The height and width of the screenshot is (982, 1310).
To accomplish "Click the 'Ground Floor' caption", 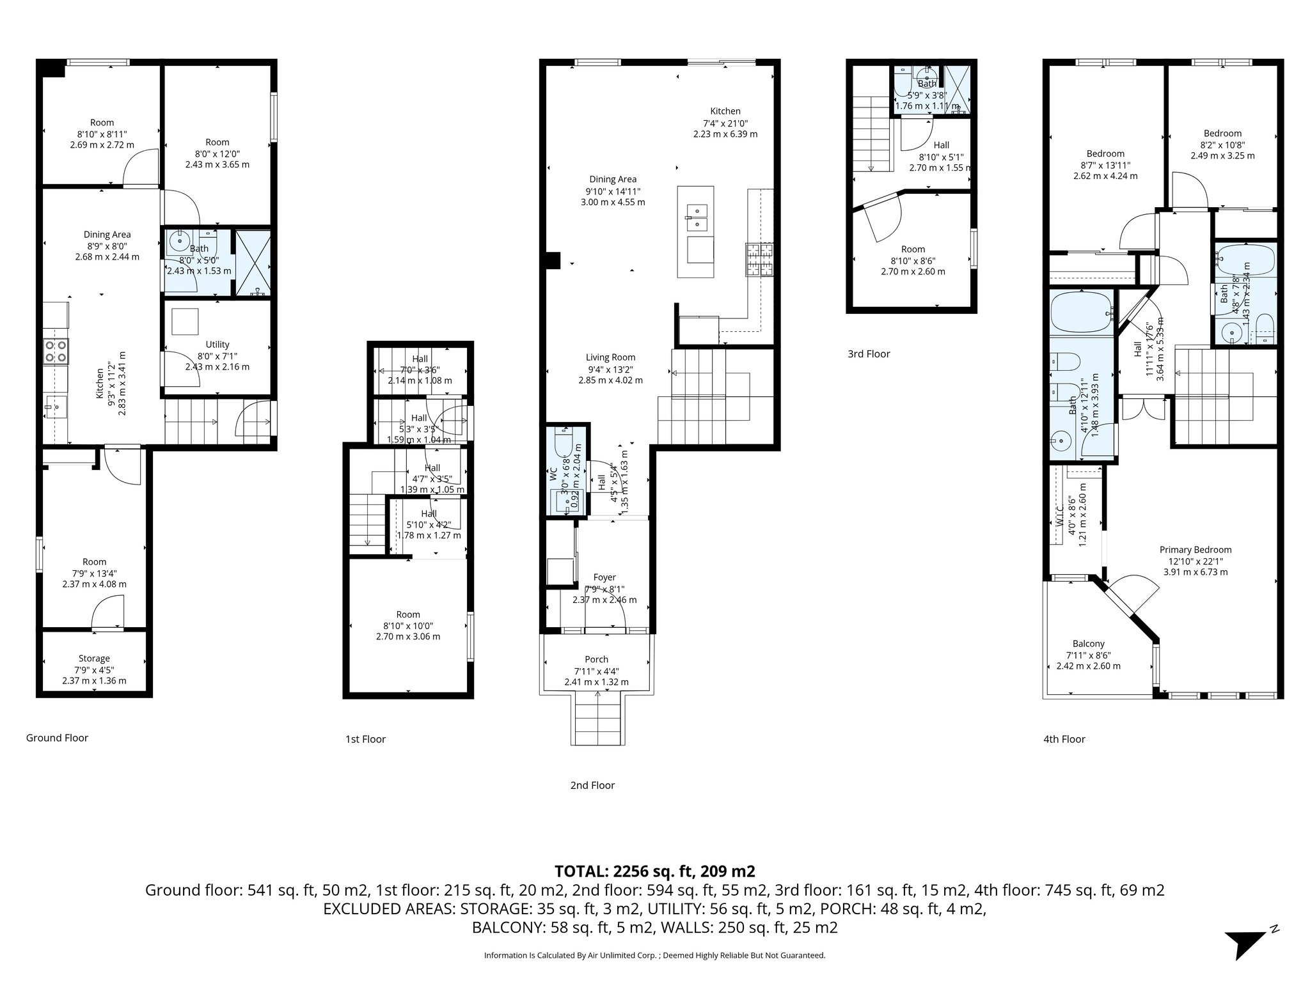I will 57,738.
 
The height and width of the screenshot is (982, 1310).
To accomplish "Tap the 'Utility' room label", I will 217,345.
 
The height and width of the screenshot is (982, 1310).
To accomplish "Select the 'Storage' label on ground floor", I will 94,659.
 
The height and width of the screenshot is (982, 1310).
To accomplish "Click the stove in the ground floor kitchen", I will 56,352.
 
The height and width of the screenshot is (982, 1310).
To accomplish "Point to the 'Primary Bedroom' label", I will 1195,550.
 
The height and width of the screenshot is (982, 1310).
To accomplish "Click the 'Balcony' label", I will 1088,644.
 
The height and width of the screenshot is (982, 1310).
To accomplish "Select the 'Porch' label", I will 596,659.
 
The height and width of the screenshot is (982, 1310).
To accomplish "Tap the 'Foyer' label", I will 604,577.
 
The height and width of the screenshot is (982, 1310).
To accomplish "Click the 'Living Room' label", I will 610,357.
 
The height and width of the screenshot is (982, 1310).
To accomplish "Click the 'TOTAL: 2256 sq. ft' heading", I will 654,871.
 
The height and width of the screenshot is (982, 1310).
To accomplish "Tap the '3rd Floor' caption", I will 869,354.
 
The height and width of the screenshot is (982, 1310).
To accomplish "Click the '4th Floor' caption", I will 1064,739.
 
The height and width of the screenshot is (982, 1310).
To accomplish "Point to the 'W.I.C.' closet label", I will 1059,517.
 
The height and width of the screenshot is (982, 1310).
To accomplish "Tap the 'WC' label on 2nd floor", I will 553,474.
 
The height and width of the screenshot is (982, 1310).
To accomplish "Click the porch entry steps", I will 597,721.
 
